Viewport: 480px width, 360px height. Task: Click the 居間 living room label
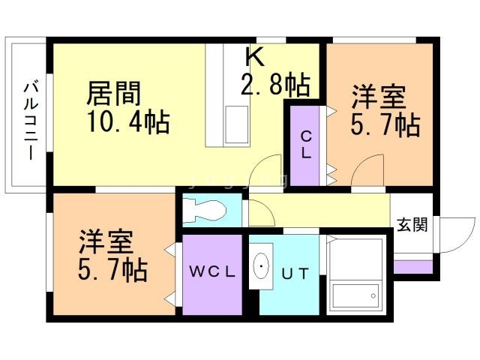pyautogui.click(x=114, y=93)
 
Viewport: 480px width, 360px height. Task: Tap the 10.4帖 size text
pyautogui.click(x=128, y=121)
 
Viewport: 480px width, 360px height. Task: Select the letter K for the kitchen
pyautogui.click(x=255, y=57)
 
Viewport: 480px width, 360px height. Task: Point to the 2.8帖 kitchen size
pyautogui.click(x=275, y=85)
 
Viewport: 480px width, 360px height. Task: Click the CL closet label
pyautogui.click(x=306, y=145)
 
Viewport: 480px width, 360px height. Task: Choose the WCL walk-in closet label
pyautogui.click(x=212, y=271)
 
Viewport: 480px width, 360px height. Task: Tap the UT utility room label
pyautogui.click(x=295, y=273)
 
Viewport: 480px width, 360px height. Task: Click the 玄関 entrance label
pyautogui.click(x=412, y=225)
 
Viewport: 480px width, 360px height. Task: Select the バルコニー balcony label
pyautogui.click(x=31, y=120)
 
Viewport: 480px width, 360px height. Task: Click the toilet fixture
pyautogui.click(x=204, y=210)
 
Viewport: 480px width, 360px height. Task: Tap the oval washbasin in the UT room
pyautogui.click(x=261, y=266)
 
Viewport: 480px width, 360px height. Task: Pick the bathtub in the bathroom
pyautogui.click(x=355, y=295)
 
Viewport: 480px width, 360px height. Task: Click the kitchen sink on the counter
pyautogui.click(x=237, y=124)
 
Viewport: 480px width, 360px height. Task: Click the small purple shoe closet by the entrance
pyautogui.click(x=413, y=267)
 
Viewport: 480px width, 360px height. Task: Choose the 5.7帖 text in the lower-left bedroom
pyautogui.click(x=112, y=270)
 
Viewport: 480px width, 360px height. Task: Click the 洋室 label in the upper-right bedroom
pyautogui.click(x=379, y=96)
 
